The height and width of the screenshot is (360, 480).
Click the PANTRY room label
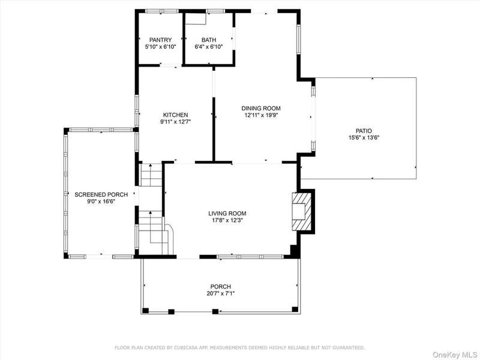point(160,40)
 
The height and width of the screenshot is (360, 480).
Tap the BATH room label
point(209,40)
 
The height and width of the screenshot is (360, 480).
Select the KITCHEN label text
point(175,115)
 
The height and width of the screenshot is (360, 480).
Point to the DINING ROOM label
point(261,108)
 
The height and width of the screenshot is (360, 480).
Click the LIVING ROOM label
point(227,214)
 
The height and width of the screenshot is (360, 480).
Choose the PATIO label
point(364,131)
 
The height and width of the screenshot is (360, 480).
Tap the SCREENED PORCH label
point(101,194)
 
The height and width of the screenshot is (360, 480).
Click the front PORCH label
point(220,287)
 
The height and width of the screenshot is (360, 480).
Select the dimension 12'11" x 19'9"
point(261,115)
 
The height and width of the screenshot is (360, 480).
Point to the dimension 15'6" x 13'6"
point(364,138)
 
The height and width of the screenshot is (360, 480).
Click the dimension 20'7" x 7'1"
point(220,293)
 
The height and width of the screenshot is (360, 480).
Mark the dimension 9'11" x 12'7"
point(175,122)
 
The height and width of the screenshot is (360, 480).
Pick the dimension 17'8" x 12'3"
point(227,220)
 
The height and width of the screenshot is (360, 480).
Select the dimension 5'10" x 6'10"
point(160,47)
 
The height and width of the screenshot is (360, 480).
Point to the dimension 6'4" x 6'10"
point(209,47)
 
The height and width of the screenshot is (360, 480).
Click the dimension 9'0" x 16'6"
point(101,202)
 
